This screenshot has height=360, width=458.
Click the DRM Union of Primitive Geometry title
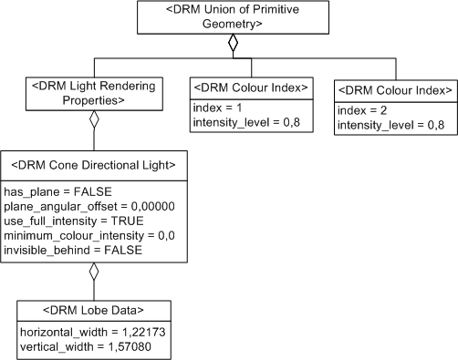pyautogui.click(x=233, y=17)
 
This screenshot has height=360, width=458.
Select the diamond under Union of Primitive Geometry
pyautogui.click(x=233, y=43)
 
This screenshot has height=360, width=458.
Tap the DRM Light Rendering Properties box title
pyautogui.click(x=93, y=92)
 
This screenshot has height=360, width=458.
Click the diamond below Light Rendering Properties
pyautogui.click(x=93, y=118)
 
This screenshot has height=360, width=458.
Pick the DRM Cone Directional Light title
pyautogui.click(x=93, y=165)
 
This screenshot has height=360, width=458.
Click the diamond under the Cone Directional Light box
pyautogui.click(x=93, y=271)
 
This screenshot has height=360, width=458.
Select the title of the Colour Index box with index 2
pyautogui.click(x=394, y=90)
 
